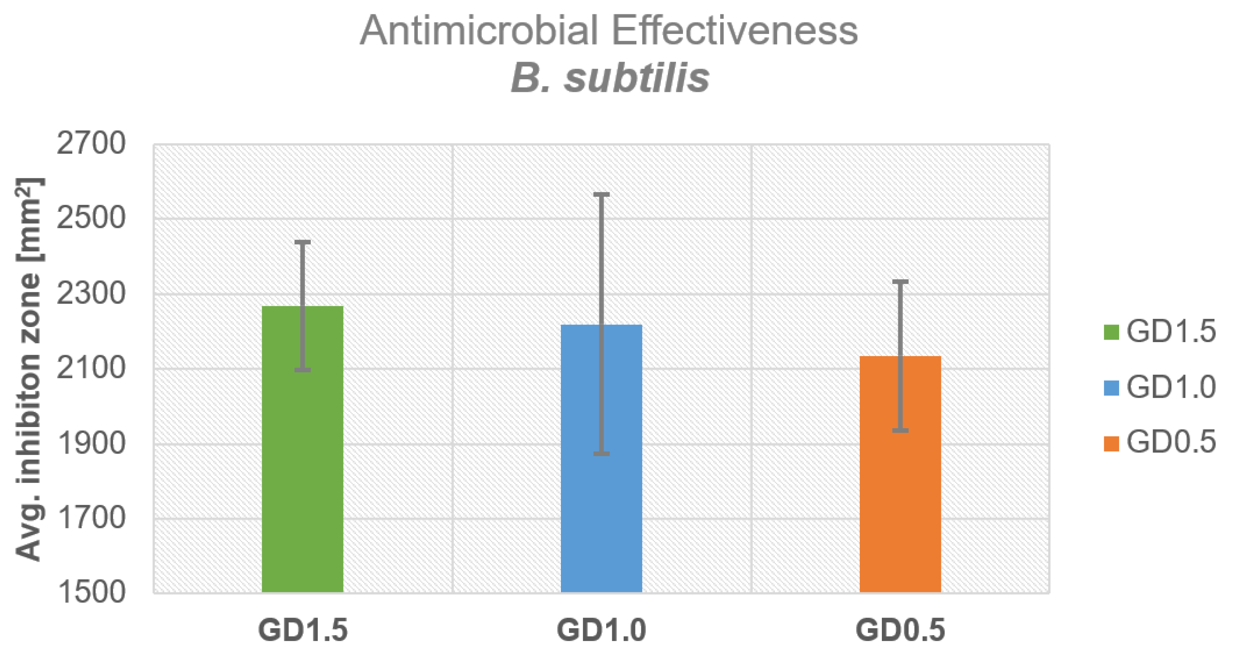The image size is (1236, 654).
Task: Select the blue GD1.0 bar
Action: (x=601, y=470)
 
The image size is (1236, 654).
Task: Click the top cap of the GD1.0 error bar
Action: (x=601, y=195)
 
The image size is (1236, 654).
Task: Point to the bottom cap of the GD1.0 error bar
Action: (x=601, y=454)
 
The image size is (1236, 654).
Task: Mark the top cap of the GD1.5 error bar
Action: (x=302, y=242)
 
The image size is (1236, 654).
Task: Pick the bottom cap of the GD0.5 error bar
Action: (x=900, y=431)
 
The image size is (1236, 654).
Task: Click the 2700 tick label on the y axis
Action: (x=91, y=143)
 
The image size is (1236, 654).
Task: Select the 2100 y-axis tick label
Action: (x=91, y=368)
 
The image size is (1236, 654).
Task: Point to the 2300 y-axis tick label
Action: (x=91, y=293)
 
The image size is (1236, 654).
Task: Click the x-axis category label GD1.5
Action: (x=302, y=630)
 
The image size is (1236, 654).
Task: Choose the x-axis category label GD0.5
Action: (x=900, y=630)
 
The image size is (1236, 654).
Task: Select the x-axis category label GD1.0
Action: (x=601, y=630)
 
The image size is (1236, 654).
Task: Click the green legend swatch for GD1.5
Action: (x=1111, y=332)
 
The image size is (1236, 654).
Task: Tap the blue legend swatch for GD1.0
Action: (x=1111, y=387)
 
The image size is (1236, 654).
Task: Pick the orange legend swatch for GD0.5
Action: (x=1111, y=443)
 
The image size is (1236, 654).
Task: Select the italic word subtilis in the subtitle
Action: (x=636, y=78)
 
